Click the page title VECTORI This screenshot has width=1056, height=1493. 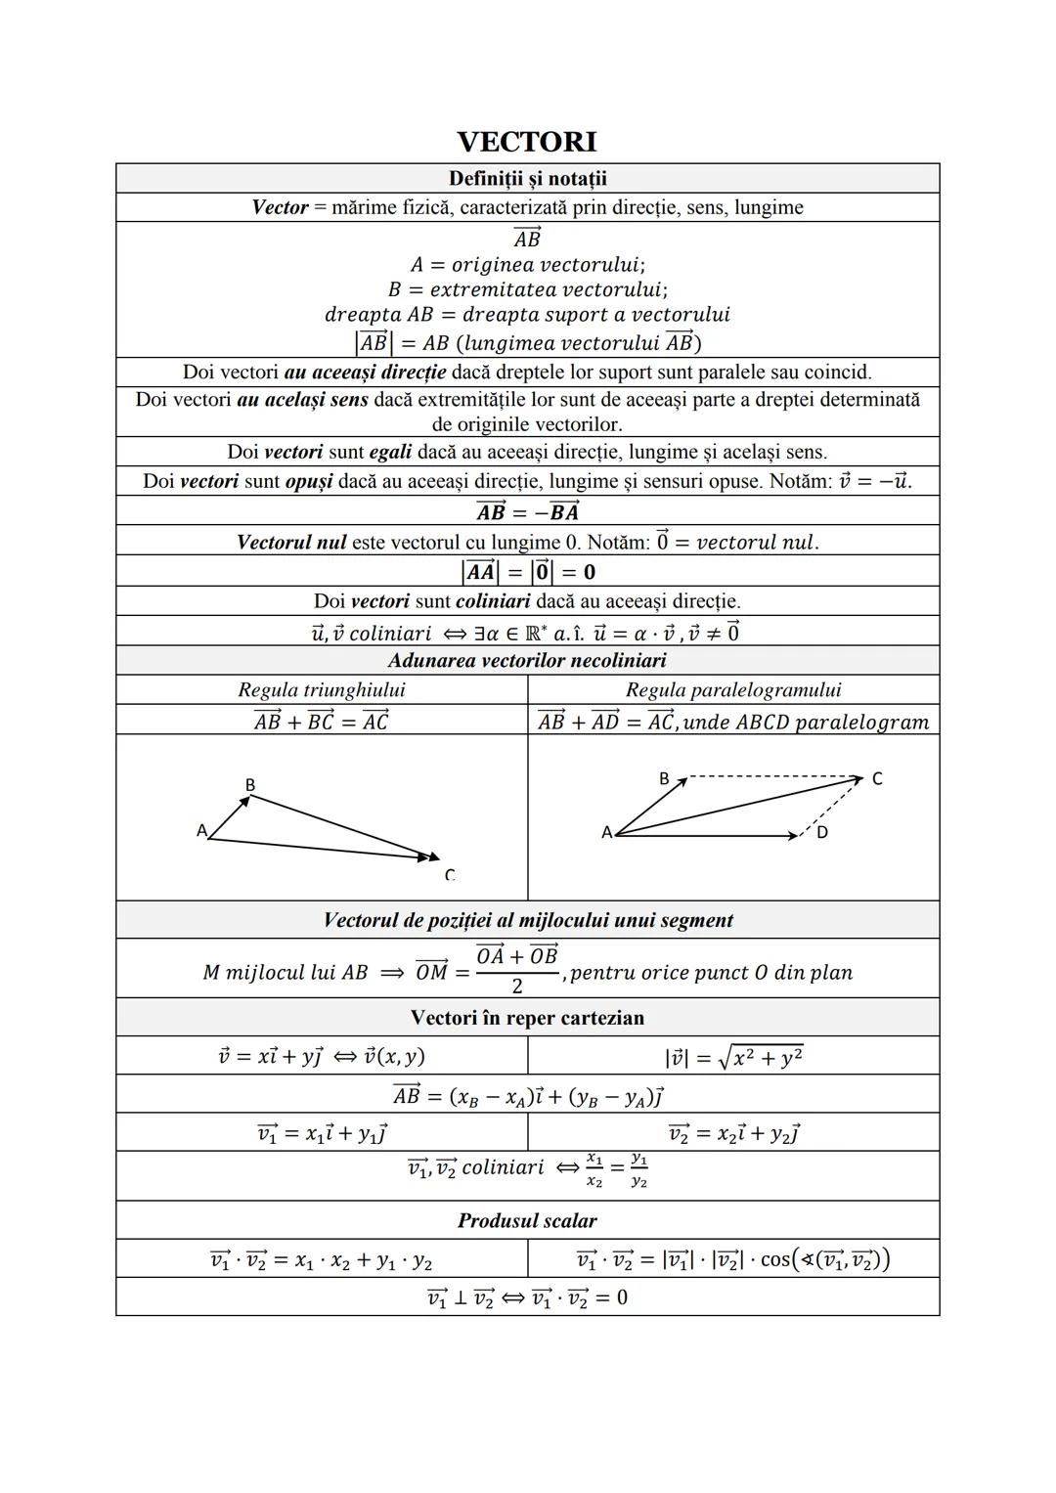[527, 142]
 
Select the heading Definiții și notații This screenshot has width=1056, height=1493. [527, 178]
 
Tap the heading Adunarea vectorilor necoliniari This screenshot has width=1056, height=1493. [527, 660]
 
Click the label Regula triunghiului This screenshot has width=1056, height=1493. [322, 689]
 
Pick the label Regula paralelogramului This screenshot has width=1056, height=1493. [733, 689]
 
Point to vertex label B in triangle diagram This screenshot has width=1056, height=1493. [250, 784]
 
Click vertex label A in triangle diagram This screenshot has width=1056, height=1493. [201, 830]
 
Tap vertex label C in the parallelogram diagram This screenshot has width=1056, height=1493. [877, 778]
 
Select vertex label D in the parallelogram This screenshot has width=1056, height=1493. [822, 832]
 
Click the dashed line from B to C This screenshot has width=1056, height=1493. [772, 778]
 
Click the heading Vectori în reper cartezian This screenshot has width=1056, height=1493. [527, 1018]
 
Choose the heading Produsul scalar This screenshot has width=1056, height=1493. [527, 1220]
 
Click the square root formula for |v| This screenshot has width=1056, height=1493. [733, 1056]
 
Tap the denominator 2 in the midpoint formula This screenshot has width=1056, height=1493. [517, 986]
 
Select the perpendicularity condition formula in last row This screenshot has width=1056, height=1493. [527, 1297]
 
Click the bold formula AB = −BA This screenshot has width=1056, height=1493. [527, 511]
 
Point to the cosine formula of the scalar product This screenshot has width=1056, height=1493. [733, 1259]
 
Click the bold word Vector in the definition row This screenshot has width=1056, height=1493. [280, 207]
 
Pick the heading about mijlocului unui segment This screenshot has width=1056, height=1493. [527, 920]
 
